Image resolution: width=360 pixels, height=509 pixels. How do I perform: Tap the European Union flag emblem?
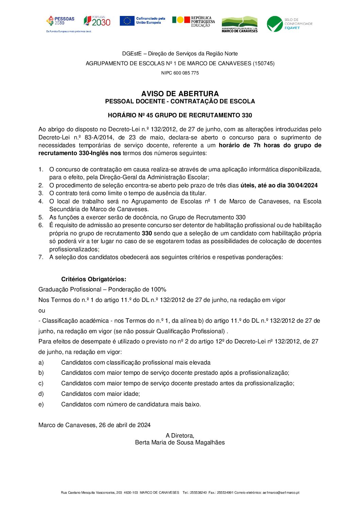pyautogui.click(x=127, y=21)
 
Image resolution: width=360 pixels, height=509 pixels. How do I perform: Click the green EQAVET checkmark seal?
pyautogui.click(x=275, y=24)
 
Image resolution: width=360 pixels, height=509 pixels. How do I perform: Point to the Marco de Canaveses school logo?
pyautogui.click(x=240, y=24)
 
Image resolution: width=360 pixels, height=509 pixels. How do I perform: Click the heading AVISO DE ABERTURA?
pyautogui.click(x=180, y=94)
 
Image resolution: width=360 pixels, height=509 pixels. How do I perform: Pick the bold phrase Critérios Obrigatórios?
pyautogui.click(x=94, y=279)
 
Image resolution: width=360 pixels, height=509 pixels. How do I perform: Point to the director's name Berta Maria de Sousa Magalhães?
pyautogui.click(x=180, y=442)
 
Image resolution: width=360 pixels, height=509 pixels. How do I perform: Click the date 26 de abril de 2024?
pyautogui.click(x=125, y=425)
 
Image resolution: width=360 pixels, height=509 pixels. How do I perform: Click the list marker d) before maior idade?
pyautogui.click(x=41, y=394)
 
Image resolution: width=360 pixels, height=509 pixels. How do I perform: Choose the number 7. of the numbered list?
pyautogui.click(x=41, y=257)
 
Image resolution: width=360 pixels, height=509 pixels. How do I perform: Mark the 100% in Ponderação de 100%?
pyautogui.click(x=159, y=290)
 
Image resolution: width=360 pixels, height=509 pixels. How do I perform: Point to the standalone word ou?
pyautogui.click(x=42, y=310)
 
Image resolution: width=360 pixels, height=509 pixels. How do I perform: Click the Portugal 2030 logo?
pyautogui.click(x=97, y=21)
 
